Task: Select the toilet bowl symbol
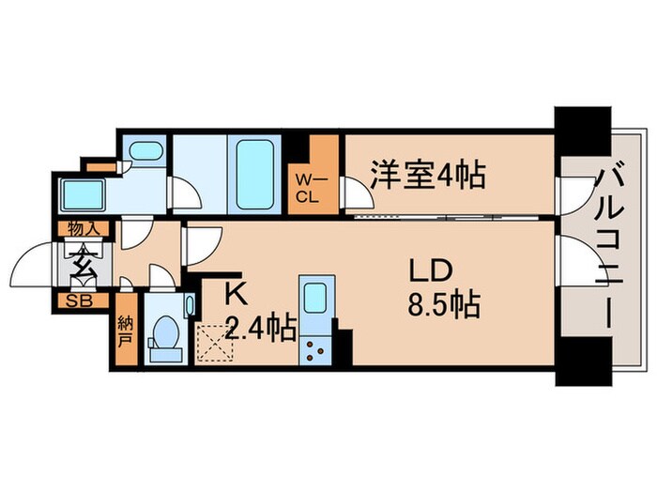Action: pos(165,334)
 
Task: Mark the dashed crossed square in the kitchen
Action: pos(219,344)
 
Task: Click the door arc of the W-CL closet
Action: pos(355,194)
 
